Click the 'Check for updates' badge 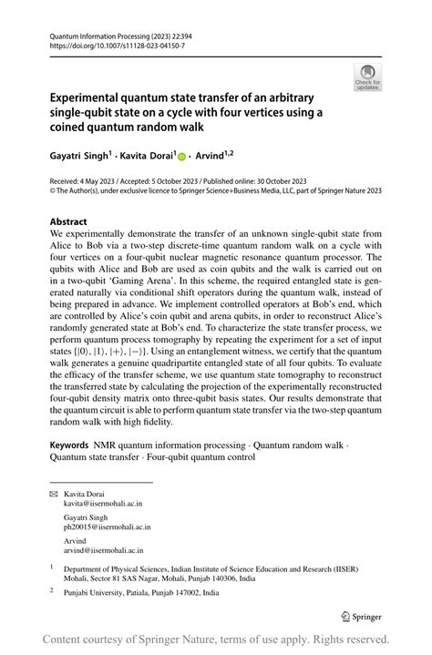[367, 77]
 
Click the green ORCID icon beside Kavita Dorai [182, 158]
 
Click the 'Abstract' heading [68, 221]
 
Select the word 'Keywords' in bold [69, 445]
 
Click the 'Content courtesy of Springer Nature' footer [216, 640]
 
